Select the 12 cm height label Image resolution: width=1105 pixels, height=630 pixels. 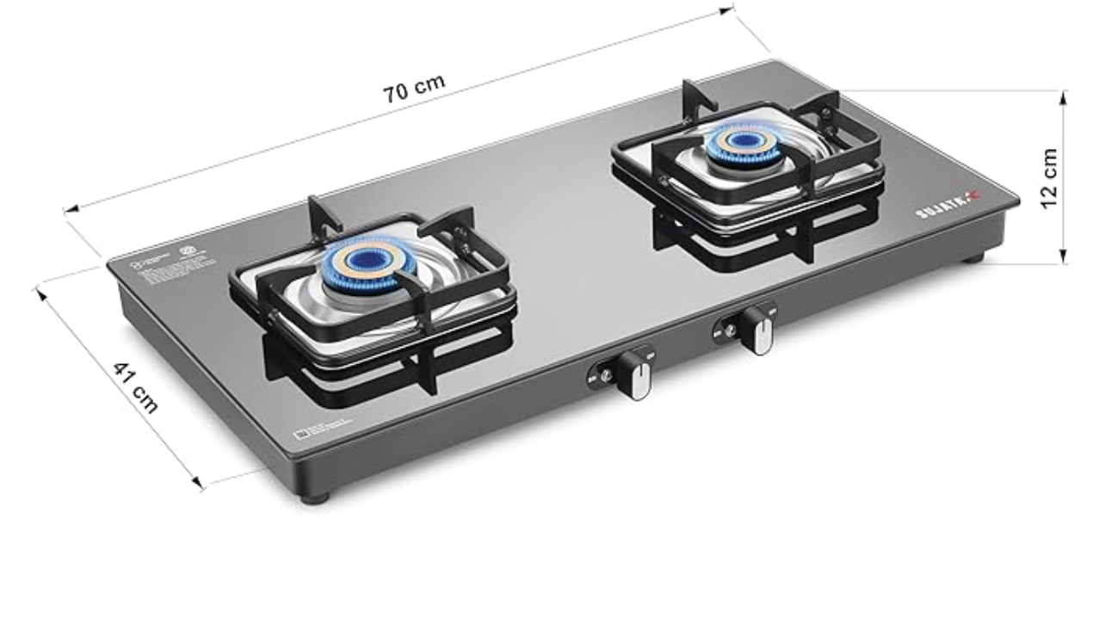pyautogui.click(x=1049, y=178)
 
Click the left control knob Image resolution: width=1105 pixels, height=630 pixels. pyautogui.click(x=634, y=375)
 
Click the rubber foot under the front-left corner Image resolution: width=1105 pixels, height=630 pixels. pyautogui.click(x=314, y=497)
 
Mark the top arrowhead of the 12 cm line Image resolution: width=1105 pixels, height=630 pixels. pyautogui.click(x=1065, y=94)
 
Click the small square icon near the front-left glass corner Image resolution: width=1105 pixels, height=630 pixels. pyautogui.click(x=300, y=435)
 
